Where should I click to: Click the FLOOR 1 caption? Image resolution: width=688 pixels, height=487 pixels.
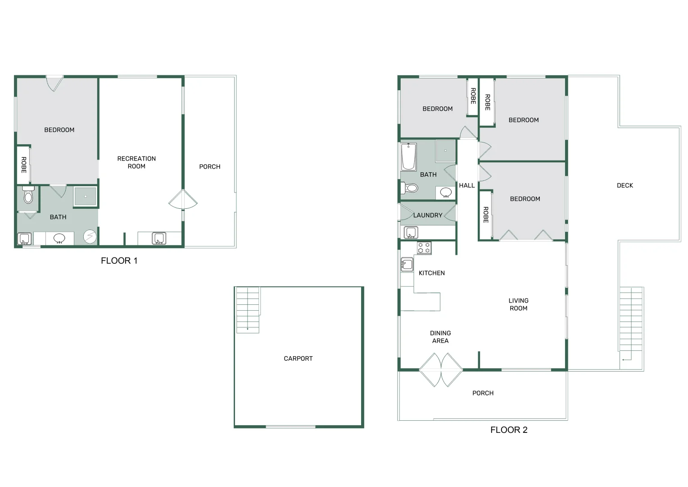[x=119, y=261]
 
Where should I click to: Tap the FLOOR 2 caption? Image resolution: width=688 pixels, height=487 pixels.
[x=509, y=430]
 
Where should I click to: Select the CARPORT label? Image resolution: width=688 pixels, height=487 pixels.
[x=298, y=358]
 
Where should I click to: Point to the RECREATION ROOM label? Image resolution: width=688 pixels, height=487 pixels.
[x=136, y=162]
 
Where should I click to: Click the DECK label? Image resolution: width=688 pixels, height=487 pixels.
[x=625, y=185]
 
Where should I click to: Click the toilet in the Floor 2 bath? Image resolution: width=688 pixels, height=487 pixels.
[x=410, y=188]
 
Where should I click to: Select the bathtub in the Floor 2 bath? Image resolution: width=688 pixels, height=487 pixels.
[x=408, y=157]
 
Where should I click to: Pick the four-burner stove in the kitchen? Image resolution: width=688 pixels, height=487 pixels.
[x=424, y=248]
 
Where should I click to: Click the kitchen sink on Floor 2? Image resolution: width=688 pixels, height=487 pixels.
[x=407, y=264]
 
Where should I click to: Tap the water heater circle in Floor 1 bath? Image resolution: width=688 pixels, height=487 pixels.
[x=90, y=236]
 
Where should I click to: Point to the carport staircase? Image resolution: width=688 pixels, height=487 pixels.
[x=248, y=310]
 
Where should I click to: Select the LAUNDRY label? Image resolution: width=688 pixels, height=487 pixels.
[x=428, y=215]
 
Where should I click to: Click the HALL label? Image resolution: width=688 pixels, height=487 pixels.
[x=467, y=185]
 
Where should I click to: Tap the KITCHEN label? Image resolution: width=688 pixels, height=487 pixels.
[x=432, y=273]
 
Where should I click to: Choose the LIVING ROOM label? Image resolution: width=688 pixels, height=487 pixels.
[x=518, y=304]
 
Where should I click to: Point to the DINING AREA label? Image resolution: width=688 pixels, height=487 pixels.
[x=440, y=337]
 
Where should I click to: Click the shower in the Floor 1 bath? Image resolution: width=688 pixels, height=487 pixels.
[x=85, y=197]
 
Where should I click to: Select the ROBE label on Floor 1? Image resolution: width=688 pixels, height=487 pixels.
[x=24, y=165]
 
